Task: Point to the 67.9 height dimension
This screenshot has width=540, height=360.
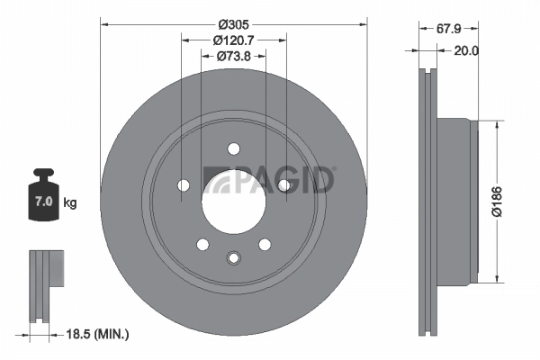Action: point(450,28)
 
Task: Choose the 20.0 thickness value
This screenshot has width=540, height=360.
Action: point(465,51)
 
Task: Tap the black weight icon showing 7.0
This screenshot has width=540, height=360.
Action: point(42,193)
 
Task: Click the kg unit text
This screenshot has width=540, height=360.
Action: point(70,202)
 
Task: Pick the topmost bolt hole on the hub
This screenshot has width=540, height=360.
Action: point(233,148)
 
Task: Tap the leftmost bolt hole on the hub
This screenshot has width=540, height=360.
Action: point(184,185)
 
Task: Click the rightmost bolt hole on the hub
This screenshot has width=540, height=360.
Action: point(283,185)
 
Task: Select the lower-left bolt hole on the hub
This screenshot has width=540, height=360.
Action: point(202,244)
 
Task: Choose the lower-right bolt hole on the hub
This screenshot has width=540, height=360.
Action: point(265,244)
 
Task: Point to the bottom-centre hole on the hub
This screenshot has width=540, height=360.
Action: point(233,258)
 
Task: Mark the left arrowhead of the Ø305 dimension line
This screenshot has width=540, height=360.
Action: point(103,23)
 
